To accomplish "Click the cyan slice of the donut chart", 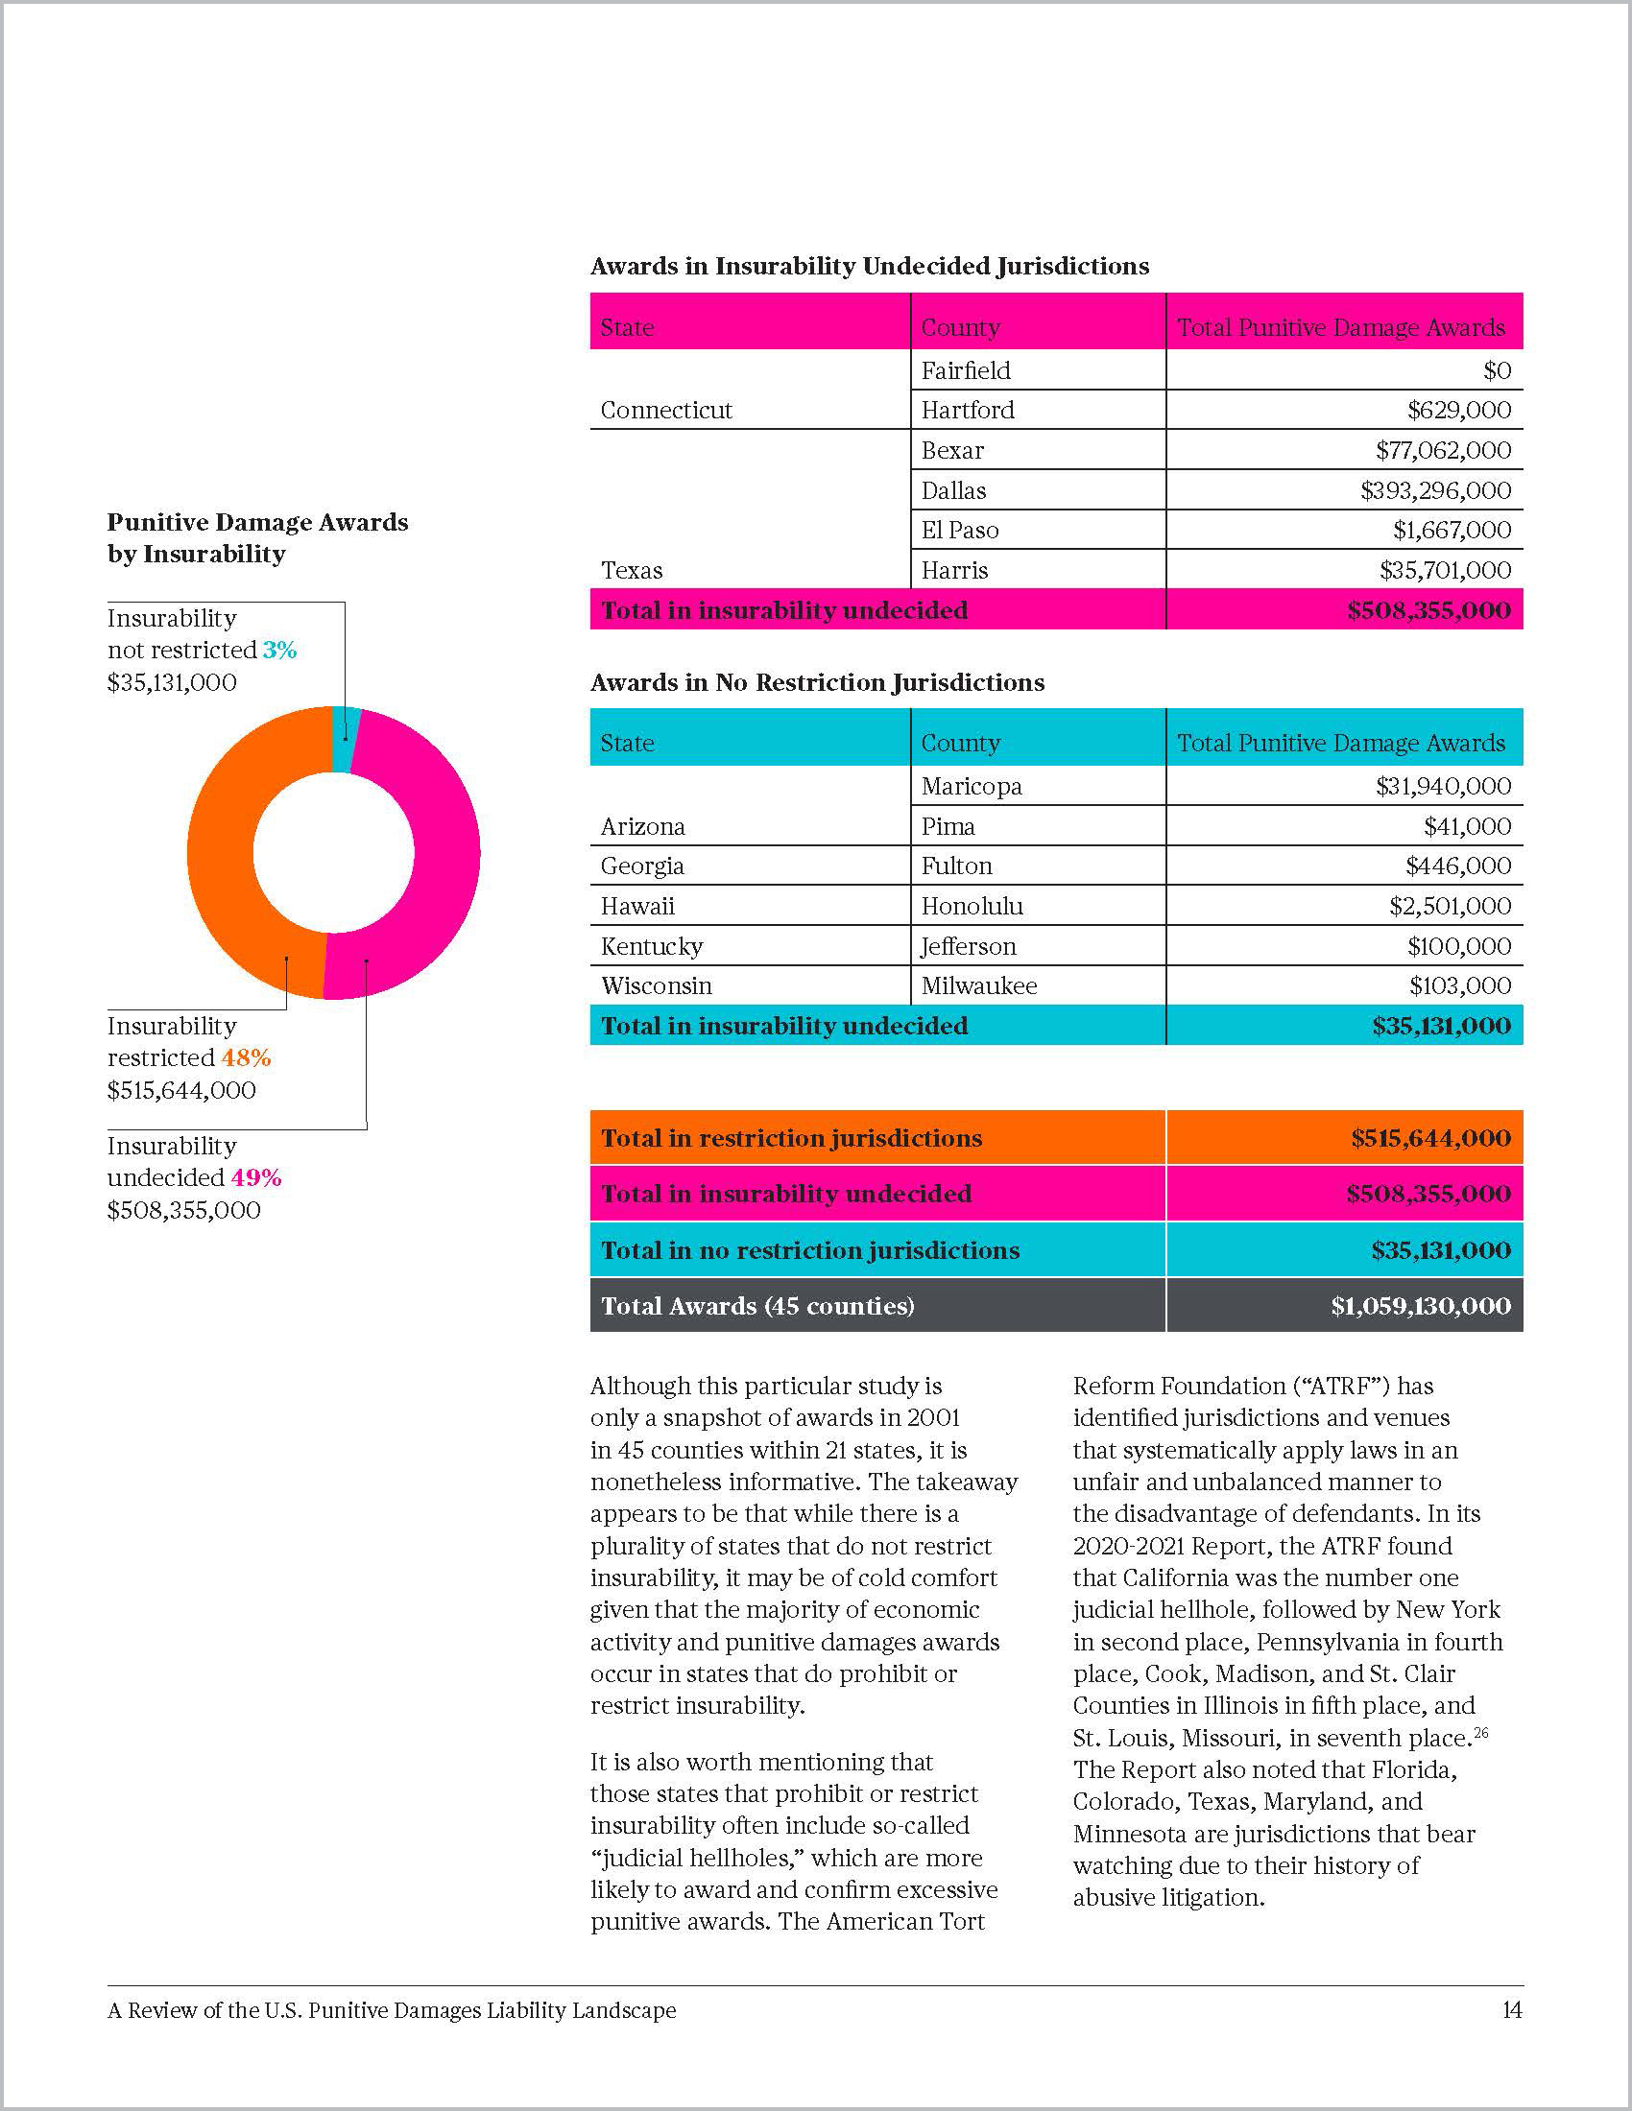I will pos(346,741).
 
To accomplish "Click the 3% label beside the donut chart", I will pos(279,651).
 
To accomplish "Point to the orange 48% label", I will pos(247,1058).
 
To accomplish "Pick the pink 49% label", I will pos(256,1178).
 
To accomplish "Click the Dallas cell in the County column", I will pos(953,491).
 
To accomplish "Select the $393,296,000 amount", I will pos(1435,491).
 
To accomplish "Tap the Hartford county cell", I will pos(968,411).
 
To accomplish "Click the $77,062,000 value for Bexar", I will pos(1443,450).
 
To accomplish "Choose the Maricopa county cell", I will pos(971,787).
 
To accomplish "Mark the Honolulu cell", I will pos(972,907).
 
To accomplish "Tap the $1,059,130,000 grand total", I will pos(1419,1307).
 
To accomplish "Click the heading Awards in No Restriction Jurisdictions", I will pos(817,683).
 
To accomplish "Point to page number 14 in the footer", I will pos(1512,2010).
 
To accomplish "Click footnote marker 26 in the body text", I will pos(1481,1733).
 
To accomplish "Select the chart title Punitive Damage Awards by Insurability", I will pos(257,538).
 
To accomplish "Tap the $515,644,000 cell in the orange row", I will pos(1430,1139).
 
